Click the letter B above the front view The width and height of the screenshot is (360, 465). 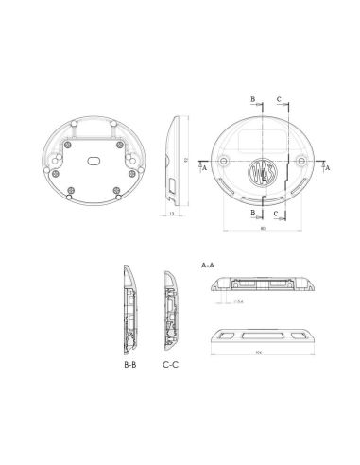point(253,98)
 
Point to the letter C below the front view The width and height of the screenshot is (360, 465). point(275,214)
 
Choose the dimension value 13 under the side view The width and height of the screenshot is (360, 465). point(171,214)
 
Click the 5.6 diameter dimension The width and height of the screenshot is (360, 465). point(241,301)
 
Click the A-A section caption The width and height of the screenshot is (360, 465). point(208,267)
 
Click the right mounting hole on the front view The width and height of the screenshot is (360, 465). point(306,162)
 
